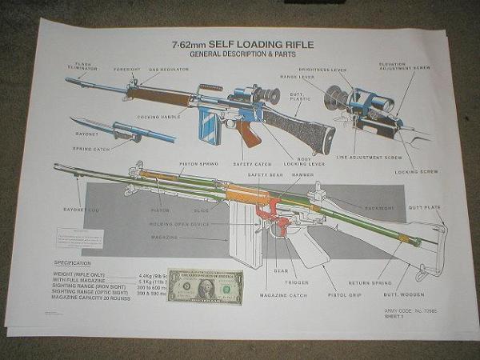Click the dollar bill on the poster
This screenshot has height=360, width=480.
[x=206, y=285]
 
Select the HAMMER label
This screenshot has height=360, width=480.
[x=302, y=174]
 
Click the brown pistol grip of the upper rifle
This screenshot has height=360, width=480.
[x=247, y=133]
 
